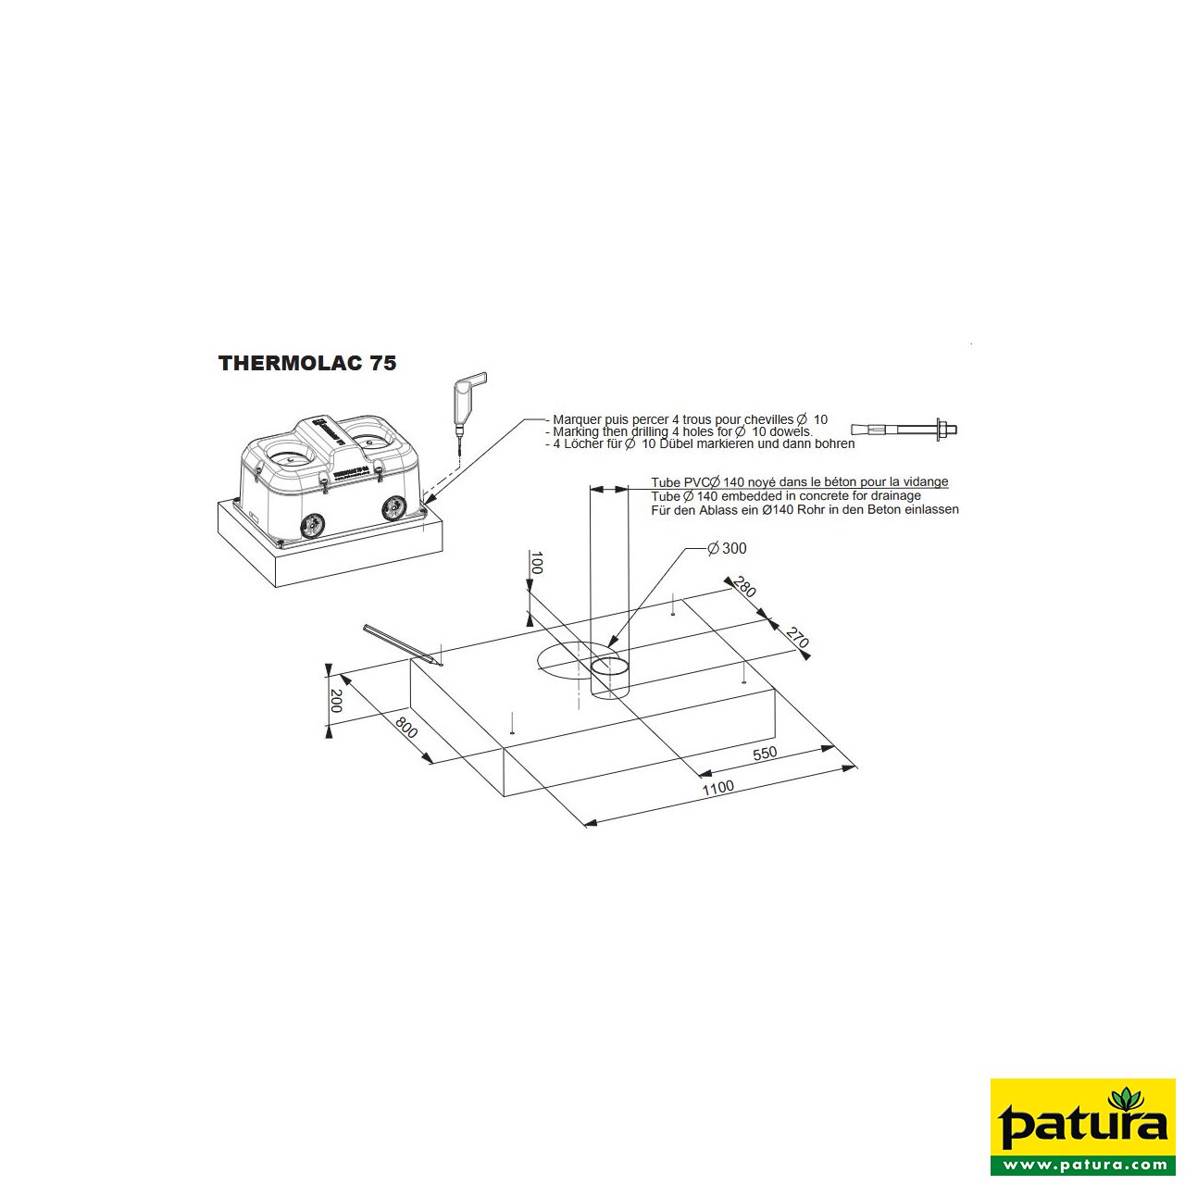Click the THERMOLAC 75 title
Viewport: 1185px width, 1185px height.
coord(307,363)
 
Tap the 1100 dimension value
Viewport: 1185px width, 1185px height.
coord(717,787)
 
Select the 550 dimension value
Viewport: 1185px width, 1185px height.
coord(765,753)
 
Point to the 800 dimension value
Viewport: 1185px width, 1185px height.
coord(405,727)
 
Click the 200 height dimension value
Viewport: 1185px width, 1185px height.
coord(336,701)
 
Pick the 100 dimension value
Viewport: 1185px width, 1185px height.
coord(536,562)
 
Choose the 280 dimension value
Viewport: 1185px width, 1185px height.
coord(745,586)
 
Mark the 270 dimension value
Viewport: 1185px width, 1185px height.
coord(797,637)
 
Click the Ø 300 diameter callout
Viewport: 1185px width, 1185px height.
coord(727,548)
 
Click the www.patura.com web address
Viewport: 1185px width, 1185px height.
coord(1083,1165)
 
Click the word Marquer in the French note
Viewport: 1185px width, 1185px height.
coord(577,419)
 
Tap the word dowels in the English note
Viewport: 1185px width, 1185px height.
coord(792,431)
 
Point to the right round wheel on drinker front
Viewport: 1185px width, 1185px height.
coord(394,506)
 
